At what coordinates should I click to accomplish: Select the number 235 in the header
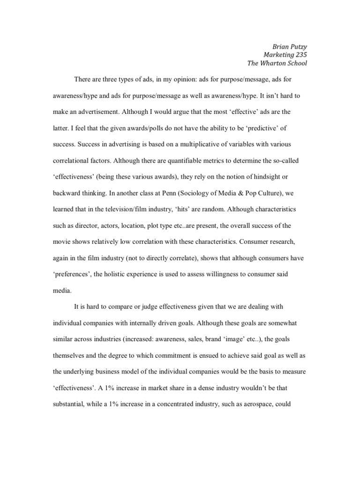tap(301, 54)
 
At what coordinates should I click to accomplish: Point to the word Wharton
tap(277, 63)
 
